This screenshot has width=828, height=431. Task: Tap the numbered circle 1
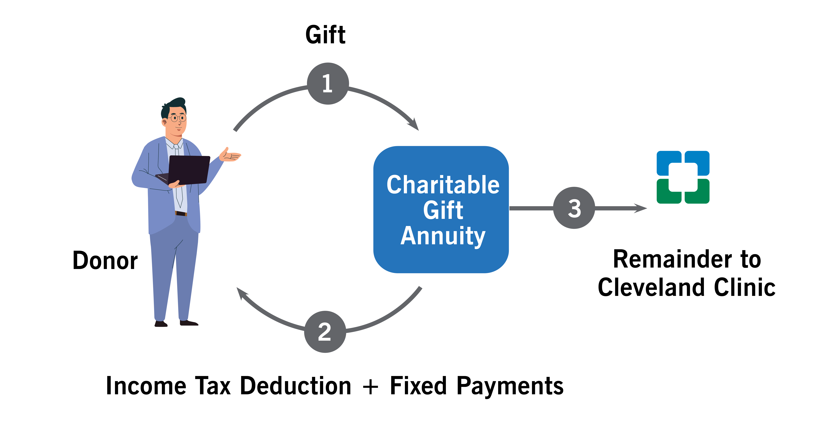coord(328,84)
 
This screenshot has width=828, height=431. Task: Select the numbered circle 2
coord(325,332)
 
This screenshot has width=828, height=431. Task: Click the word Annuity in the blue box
coord(443,236)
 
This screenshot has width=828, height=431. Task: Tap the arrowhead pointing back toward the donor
coord(242,293)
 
